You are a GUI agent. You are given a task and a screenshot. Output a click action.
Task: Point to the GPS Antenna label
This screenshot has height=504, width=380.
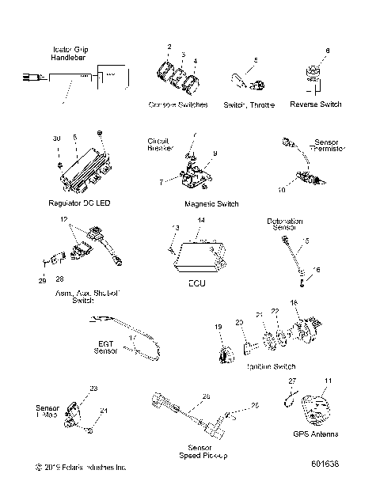(x=315, y=434)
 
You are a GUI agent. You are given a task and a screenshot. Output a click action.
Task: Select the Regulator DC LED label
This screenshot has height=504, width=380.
(x=79, y=203)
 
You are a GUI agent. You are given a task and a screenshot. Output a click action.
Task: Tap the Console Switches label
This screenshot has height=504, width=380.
(x=178, y=104)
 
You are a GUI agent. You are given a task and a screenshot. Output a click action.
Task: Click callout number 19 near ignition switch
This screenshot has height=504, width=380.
(x=218, y=326)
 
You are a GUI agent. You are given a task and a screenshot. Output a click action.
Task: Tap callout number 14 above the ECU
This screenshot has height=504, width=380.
(x=201, y=219)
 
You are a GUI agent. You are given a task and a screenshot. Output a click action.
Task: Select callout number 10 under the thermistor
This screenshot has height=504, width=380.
(x=281, y=191)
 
